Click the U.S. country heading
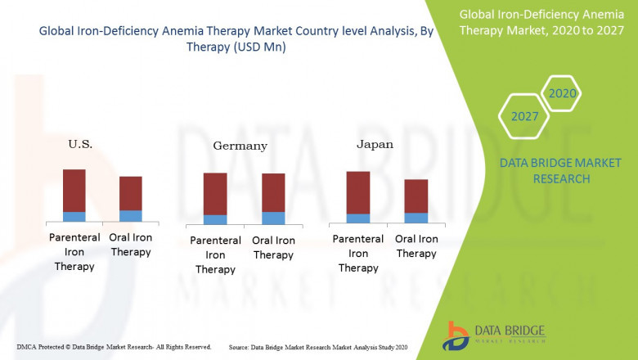[x=80, y=144]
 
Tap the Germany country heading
[x=240, y=146]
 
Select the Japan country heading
[x=375, y=144]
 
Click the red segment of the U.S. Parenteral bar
[x=74, y=190]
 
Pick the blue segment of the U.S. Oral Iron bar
[x=131, y=216]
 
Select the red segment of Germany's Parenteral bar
[x=215, y=193]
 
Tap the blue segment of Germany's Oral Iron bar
[x=273, y=218]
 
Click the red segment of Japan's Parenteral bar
[x=358, y=192]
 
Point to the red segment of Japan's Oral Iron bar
[x=416, y=196]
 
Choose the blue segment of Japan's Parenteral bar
[x=358, y=218]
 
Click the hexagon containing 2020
[x=562, y=93]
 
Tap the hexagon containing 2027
[x=524, y=115]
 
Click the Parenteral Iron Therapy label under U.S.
[x=74, y=252]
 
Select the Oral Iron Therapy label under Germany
[x=273, y=247]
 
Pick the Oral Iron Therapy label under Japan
[x=416, y=245]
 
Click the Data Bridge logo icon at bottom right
[x=456, y=336]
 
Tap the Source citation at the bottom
[x=318, y=347]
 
